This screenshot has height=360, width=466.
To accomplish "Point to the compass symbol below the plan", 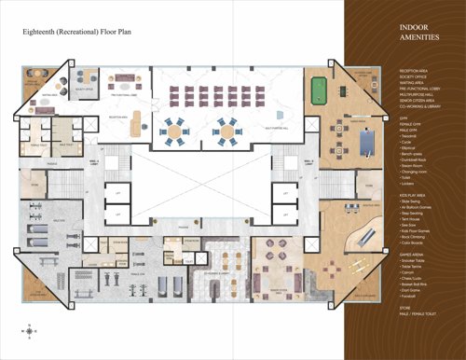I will click(x=34, y=329).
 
